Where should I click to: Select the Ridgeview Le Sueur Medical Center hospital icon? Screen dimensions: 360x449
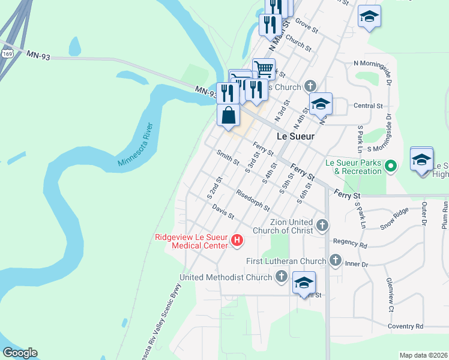[x=237, y=241]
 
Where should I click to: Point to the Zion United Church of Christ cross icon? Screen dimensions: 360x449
[x=322, y=226]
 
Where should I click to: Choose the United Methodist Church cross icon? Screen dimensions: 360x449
[x=281, y=277]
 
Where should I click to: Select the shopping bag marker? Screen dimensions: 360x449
[x=229, y=114]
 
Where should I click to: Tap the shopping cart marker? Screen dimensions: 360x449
[x=264, y=68]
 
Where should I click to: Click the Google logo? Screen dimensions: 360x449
[x=20, y=353]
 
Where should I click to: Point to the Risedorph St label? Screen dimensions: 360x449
[x=253, y=201]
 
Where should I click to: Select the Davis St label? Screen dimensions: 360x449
[x=223, y=212]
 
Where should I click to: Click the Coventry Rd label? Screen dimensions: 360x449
[x=405, y=326]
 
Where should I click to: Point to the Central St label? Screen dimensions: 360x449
[x=369, y=106]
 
